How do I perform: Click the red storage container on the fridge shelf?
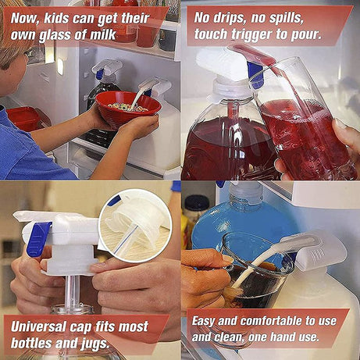[23, 118]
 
